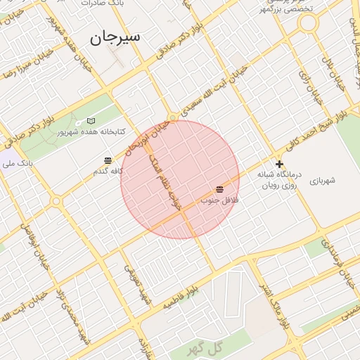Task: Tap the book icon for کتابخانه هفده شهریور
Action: pyautogui.click(x=91, y=122)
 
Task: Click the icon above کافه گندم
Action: pyautogui.click(x=108, y=161)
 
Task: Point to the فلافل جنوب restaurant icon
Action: pyautogui.click(x=220, y=189)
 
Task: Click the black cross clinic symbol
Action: pyautogui.click(x=279, y=164)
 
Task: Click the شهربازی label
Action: pyautogui.click(x=322, y=181)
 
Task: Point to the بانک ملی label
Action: pyautogui.click(x=17, y=163)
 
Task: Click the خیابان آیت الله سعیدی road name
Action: pyautogui.click(x=214, y=91)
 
